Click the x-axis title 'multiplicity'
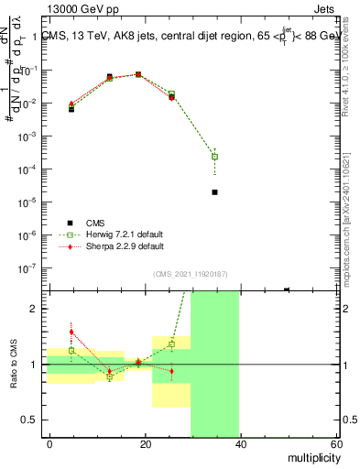point(309,455)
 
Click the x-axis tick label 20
point(146,442)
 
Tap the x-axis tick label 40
point(241,442)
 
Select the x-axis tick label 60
point(336,442)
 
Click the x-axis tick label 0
point(50,442)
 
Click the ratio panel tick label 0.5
point(30,420)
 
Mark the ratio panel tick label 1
point(34,365)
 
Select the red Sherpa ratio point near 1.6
point(71,332)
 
